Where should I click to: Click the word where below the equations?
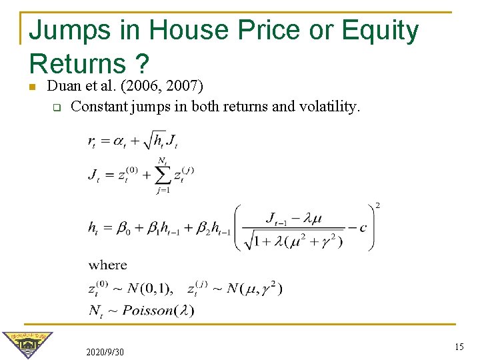point(107,265)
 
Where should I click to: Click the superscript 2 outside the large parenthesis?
point(377,205)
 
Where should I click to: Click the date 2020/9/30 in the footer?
point(105,351)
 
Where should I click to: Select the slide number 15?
point(458,346)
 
